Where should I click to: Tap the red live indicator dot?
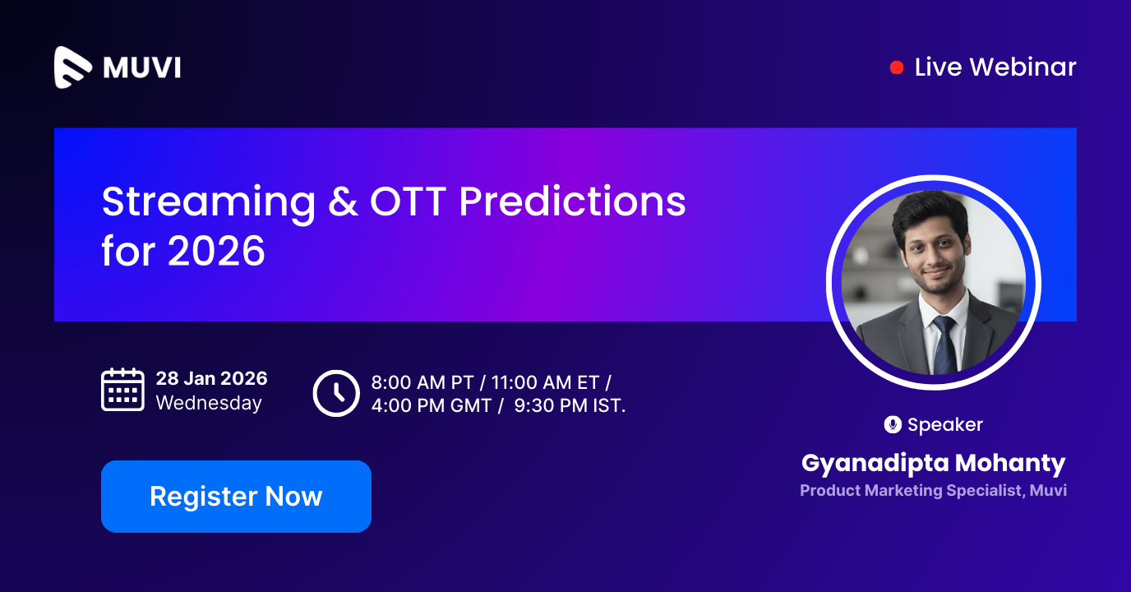click(x=897, y=67)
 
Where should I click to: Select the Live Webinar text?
click(x=995, y=67)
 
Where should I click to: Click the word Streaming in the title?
click(x=208, y=202)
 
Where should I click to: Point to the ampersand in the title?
click(x=343, y=202)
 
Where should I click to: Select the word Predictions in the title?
click(x=572, y=202)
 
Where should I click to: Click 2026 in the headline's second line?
click(x=216, y=251)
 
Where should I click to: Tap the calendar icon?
click(x=122, y=390)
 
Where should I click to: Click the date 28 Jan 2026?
click(x=211, y=378)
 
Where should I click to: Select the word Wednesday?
click(x=209, y=403)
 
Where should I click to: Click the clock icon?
click(x=336, y=393)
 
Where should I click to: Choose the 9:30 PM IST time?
click(x=570, y=405)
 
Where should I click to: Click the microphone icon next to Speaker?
click(x=893, y=424)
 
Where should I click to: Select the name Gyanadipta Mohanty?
click(x=933, y=463)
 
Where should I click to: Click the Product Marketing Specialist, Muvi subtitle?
click(x=933, y=491)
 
